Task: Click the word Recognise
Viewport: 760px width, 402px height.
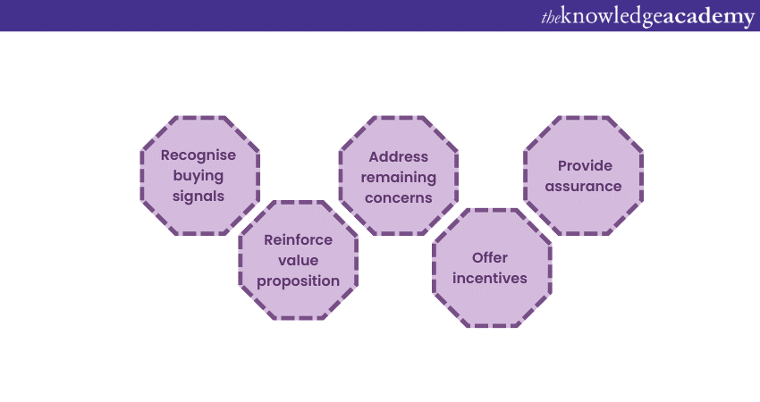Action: point(198,155)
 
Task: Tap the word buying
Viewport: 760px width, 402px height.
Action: point(198,175)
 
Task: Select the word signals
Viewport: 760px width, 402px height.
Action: point(198,196)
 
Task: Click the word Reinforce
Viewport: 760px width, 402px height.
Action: point(298,239)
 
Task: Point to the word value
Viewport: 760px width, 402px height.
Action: point(298,260)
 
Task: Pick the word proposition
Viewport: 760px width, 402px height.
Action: point(298,281)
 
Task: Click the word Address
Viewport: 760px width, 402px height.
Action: point(399,156)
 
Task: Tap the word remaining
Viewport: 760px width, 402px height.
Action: point(399,177)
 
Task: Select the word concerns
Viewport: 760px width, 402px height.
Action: point(399,197)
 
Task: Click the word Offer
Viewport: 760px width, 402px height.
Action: point(490,258)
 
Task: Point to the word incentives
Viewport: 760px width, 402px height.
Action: point(490,279)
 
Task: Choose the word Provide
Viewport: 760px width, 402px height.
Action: point(584,165)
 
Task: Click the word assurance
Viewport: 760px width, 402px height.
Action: point(584,186)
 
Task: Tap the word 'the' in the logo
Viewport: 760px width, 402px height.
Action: point(551,18)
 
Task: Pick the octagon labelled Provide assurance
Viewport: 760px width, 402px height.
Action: point(584,210)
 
